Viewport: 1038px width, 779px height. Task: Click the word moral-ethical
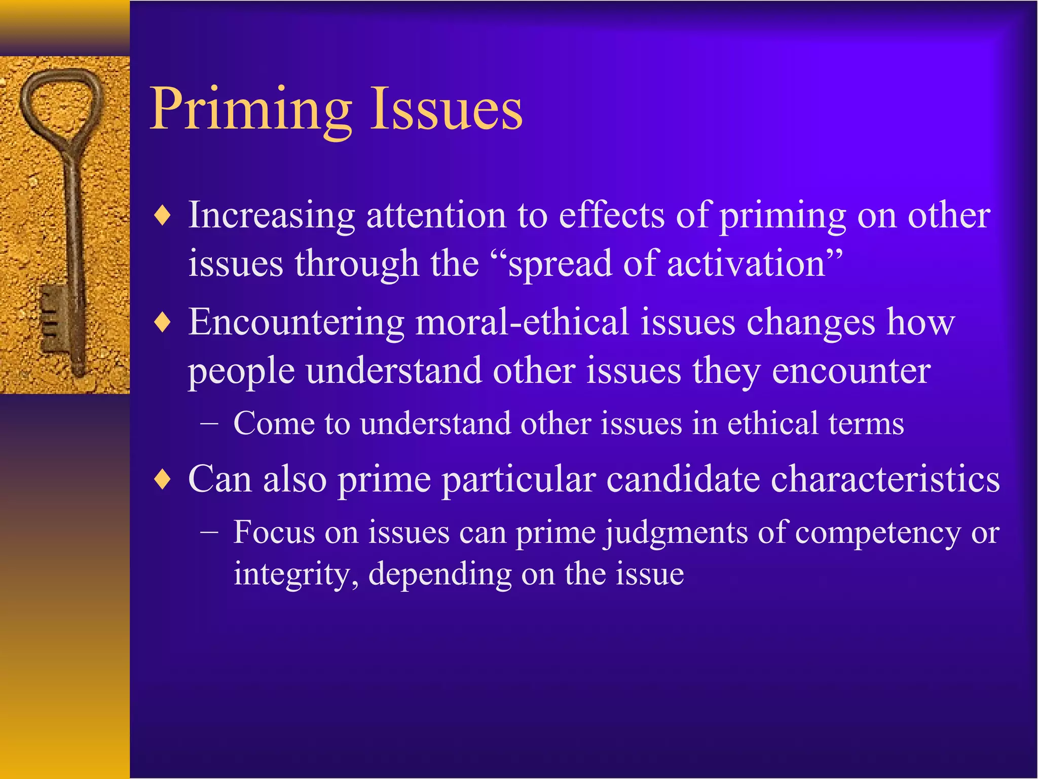(522, 322)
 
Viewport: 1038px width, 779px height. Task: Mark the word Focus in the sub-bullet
(274, 533)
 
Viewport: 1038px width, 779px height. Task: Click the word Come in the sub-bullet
(274, 424)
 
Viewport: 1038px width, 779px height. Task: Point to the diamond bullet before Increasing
(163, 216)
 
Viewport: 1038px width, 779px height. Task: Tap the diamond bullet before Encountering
(163, 323)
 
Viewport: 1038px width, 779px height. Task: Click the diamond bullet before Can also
(163, 480)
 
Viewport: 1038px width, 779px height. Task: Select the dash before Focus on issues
(209, 533)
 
